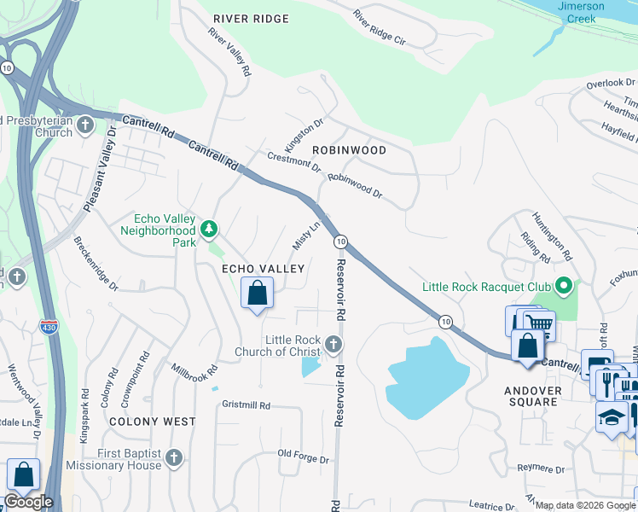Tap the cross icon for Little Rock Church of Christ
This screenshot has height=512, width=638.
333,345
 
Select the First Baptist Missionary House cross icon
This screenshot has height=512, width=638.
174,458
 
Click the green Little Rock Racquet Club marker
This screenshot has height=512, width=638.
563,285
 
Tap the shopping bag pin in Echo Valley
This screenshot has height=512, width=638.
257,294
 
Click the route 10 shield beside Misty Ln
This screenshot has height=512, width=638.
339,241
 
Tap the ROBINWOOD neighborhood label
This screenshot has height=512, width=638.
349,150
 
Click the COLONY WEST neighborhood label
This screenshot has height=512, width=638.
152,422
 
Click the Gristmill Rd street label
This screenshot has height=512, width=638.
246,404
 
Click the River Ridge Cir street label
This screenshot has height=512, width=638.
380,27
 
